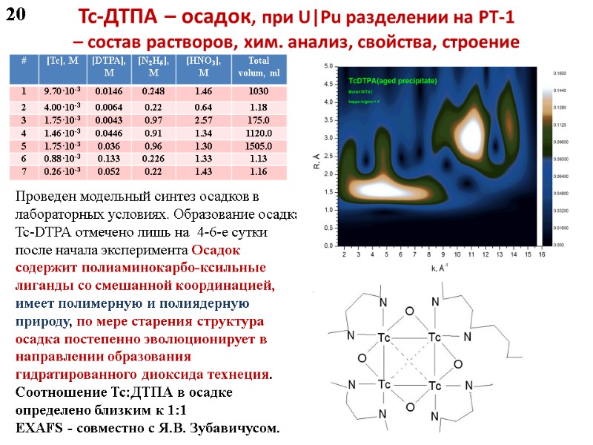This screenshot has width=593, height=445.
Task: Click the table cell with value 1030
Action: [x=265, y=91]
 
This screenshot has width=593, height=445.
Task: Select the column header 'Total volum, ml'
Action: [x=265, y=66]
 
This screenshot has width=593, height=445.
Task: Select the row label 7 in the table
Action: [x=24, y=171]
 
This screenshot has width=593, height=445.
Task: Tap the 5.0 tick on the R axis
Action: [x=328, y=67]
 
